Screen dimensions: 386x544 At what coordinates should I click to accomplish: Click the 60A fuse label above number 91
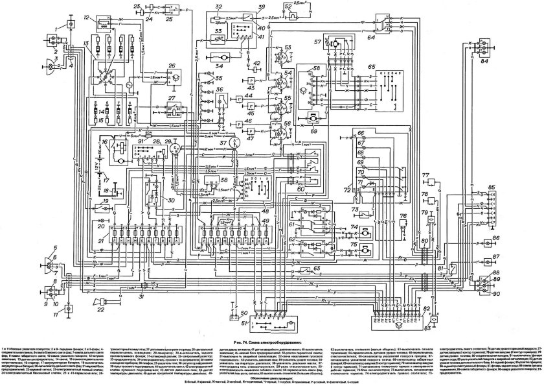coord(148,132)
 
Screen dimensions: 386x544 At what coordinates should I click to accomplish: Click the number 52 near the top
coord(306,8)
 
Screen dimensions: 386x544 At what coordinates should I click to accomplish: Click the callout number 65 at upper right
coord(370,67)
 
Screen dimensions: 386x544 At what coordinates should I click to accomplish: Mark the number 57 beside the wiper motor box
coord(317,43)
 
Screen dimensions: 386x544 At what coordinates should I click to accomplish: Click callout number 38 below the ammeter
coord(223,180)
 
